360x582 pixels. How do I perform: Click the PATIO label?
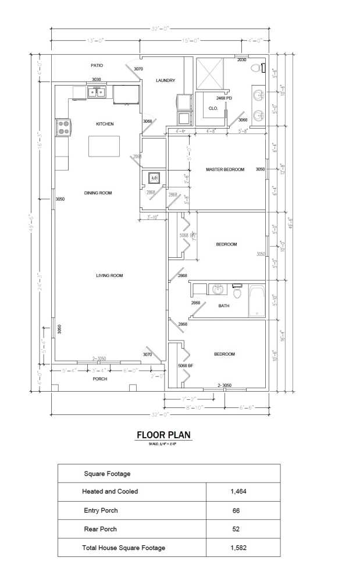[x=97, y=66]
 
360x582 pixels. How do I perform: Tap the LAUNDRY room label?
[x=165, y=80]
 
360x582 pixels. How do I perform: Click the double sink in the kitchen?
[x=96, y=91]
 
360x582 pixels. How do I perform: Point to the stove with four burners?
[x=63, y=127]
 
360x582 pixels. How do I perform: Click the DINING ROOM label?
[x=98, y=193]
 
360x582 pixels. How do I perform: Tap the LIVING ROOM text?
[x=109, y=275]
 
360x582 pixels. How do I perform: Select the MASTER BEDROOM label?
[x=225, y=169]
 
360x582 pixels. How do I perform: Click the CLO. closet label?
[x=213, y=108]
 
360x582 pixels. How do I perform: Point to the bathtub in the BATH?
[x=256, y=300]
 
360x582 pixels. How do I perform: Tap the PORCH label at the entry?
[x=100, y=378]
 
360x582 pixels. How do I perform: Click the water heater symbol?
[x=155, y=178]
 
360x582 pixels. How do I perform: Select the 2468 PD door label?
[x=224, y=98]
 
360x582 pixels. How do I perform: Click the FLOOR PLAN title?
[x=163, y=435]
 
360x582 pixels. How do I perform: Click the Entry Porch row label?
[x=101, y=510]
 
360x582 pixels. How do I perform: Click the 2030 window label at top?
[x=241, y=60]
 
